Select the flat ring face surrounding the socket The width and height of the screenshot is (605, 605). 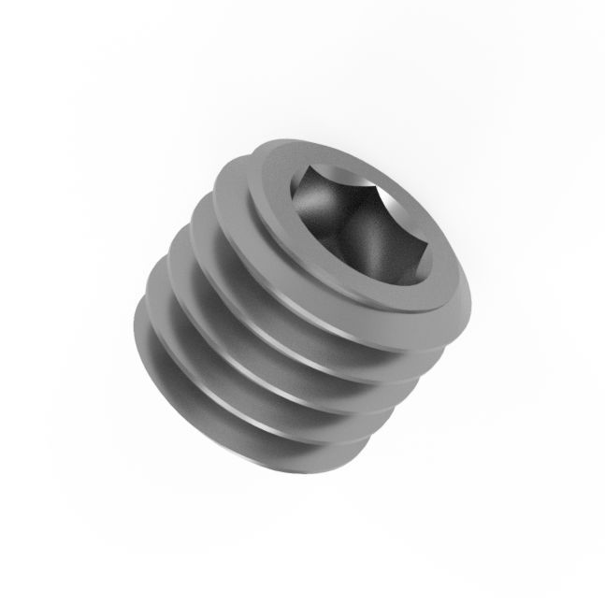coord(281,196)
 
